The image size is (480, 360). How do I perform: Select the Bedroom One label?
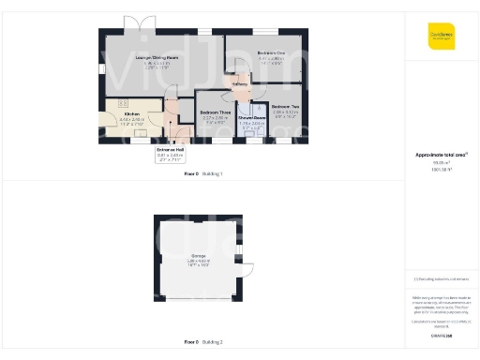[x=270, y=53]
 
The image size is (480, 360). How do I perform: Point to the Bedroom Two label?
[x=284, y=107]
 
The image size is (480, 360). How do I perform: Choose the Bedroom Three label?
[x=216, y=112]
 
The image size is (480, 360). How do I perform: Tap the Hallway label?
[x=238, y=83]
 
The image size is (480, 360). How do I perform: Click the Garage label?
[x=198, y=256]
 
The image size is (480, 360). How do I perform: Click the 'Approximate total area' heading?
[x=441, y=154]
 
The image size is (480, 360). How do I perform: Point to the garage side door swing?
[x=250, y=270]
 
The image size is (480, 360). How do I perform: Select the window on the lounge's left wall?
[x=99, y=65]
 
